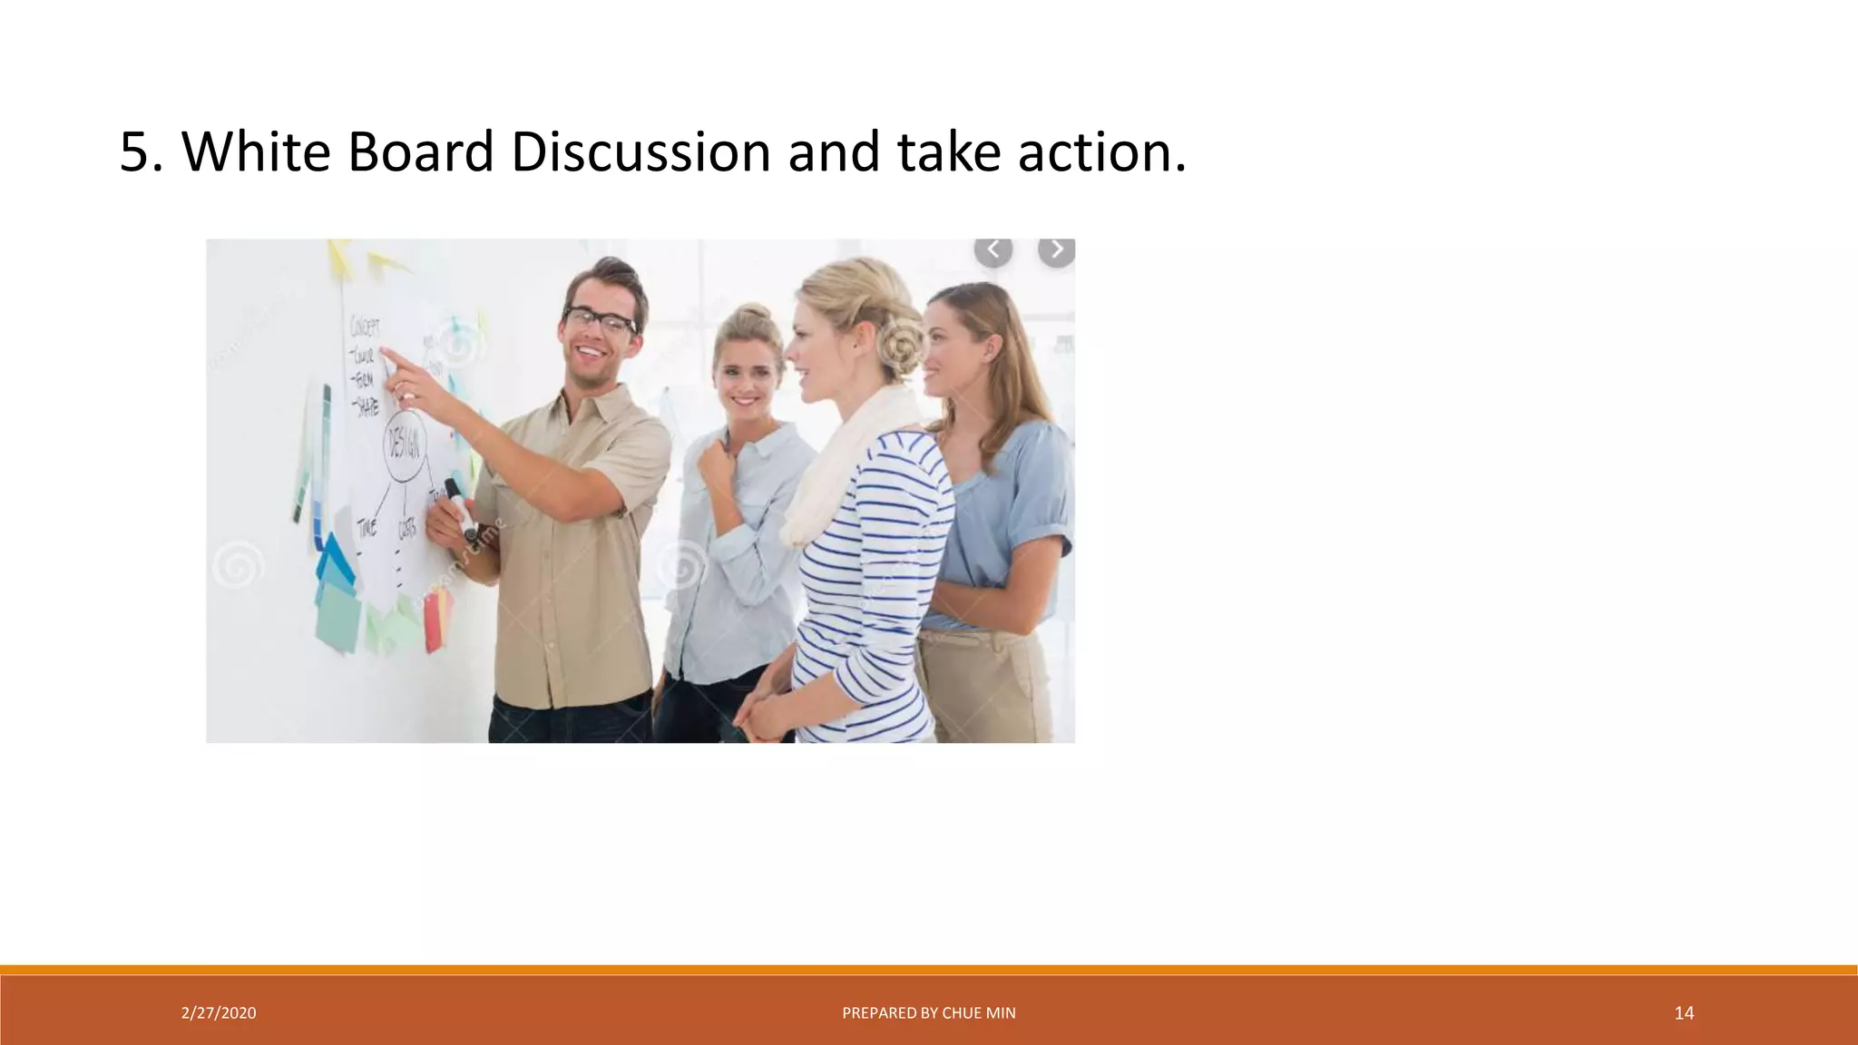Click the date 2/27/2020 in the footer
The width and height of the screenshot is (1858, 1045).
[219, 1013]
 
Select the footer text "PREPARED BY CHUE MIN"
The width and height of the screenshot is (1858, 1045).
[929, 1013]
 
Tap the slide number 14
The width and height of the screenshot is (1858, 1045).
[1684, 1013]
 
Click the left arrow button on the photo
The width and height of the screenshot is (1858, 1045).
[993, 249]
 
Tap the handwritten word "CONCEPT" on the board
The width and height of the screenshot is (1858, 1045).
[365, 327]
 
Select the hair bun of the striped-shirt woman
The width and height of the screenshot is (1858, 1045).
[898, 345]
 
